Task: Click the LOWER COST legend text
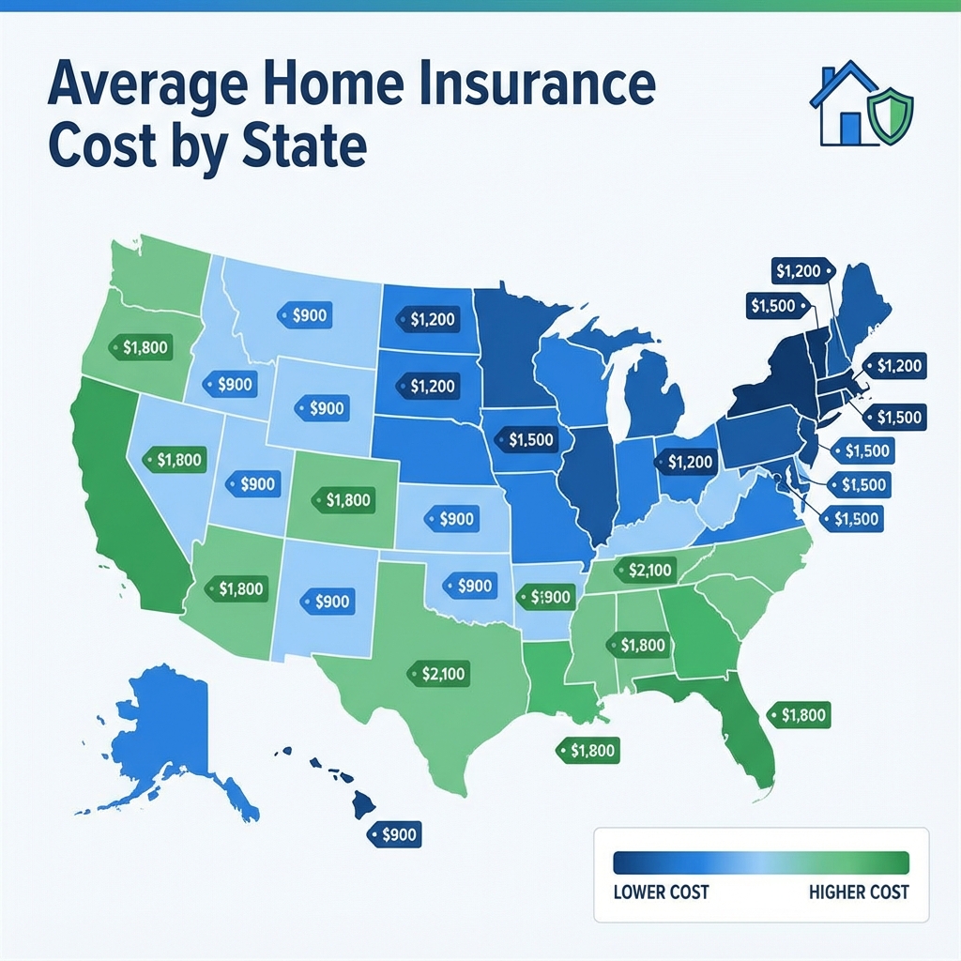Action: point(660,891)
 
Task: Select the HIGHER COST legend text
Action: point(859,891)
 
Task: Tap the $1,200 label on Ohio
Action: point(685,461)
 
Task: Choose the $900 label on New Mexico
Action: point(326,602)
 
